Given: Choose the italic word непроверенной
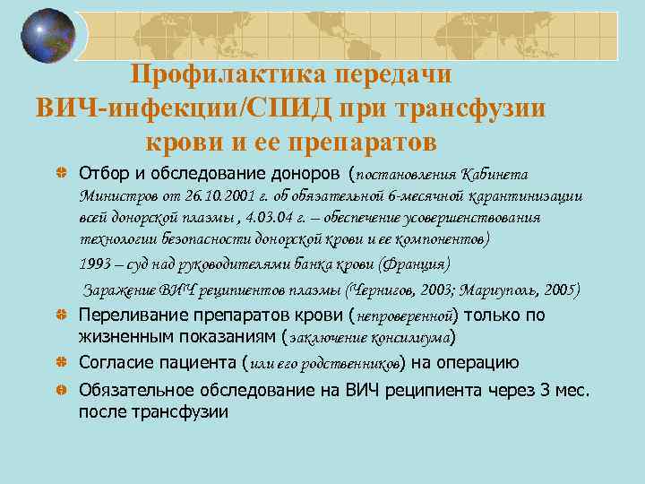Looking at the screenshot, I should click(407, 316).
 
